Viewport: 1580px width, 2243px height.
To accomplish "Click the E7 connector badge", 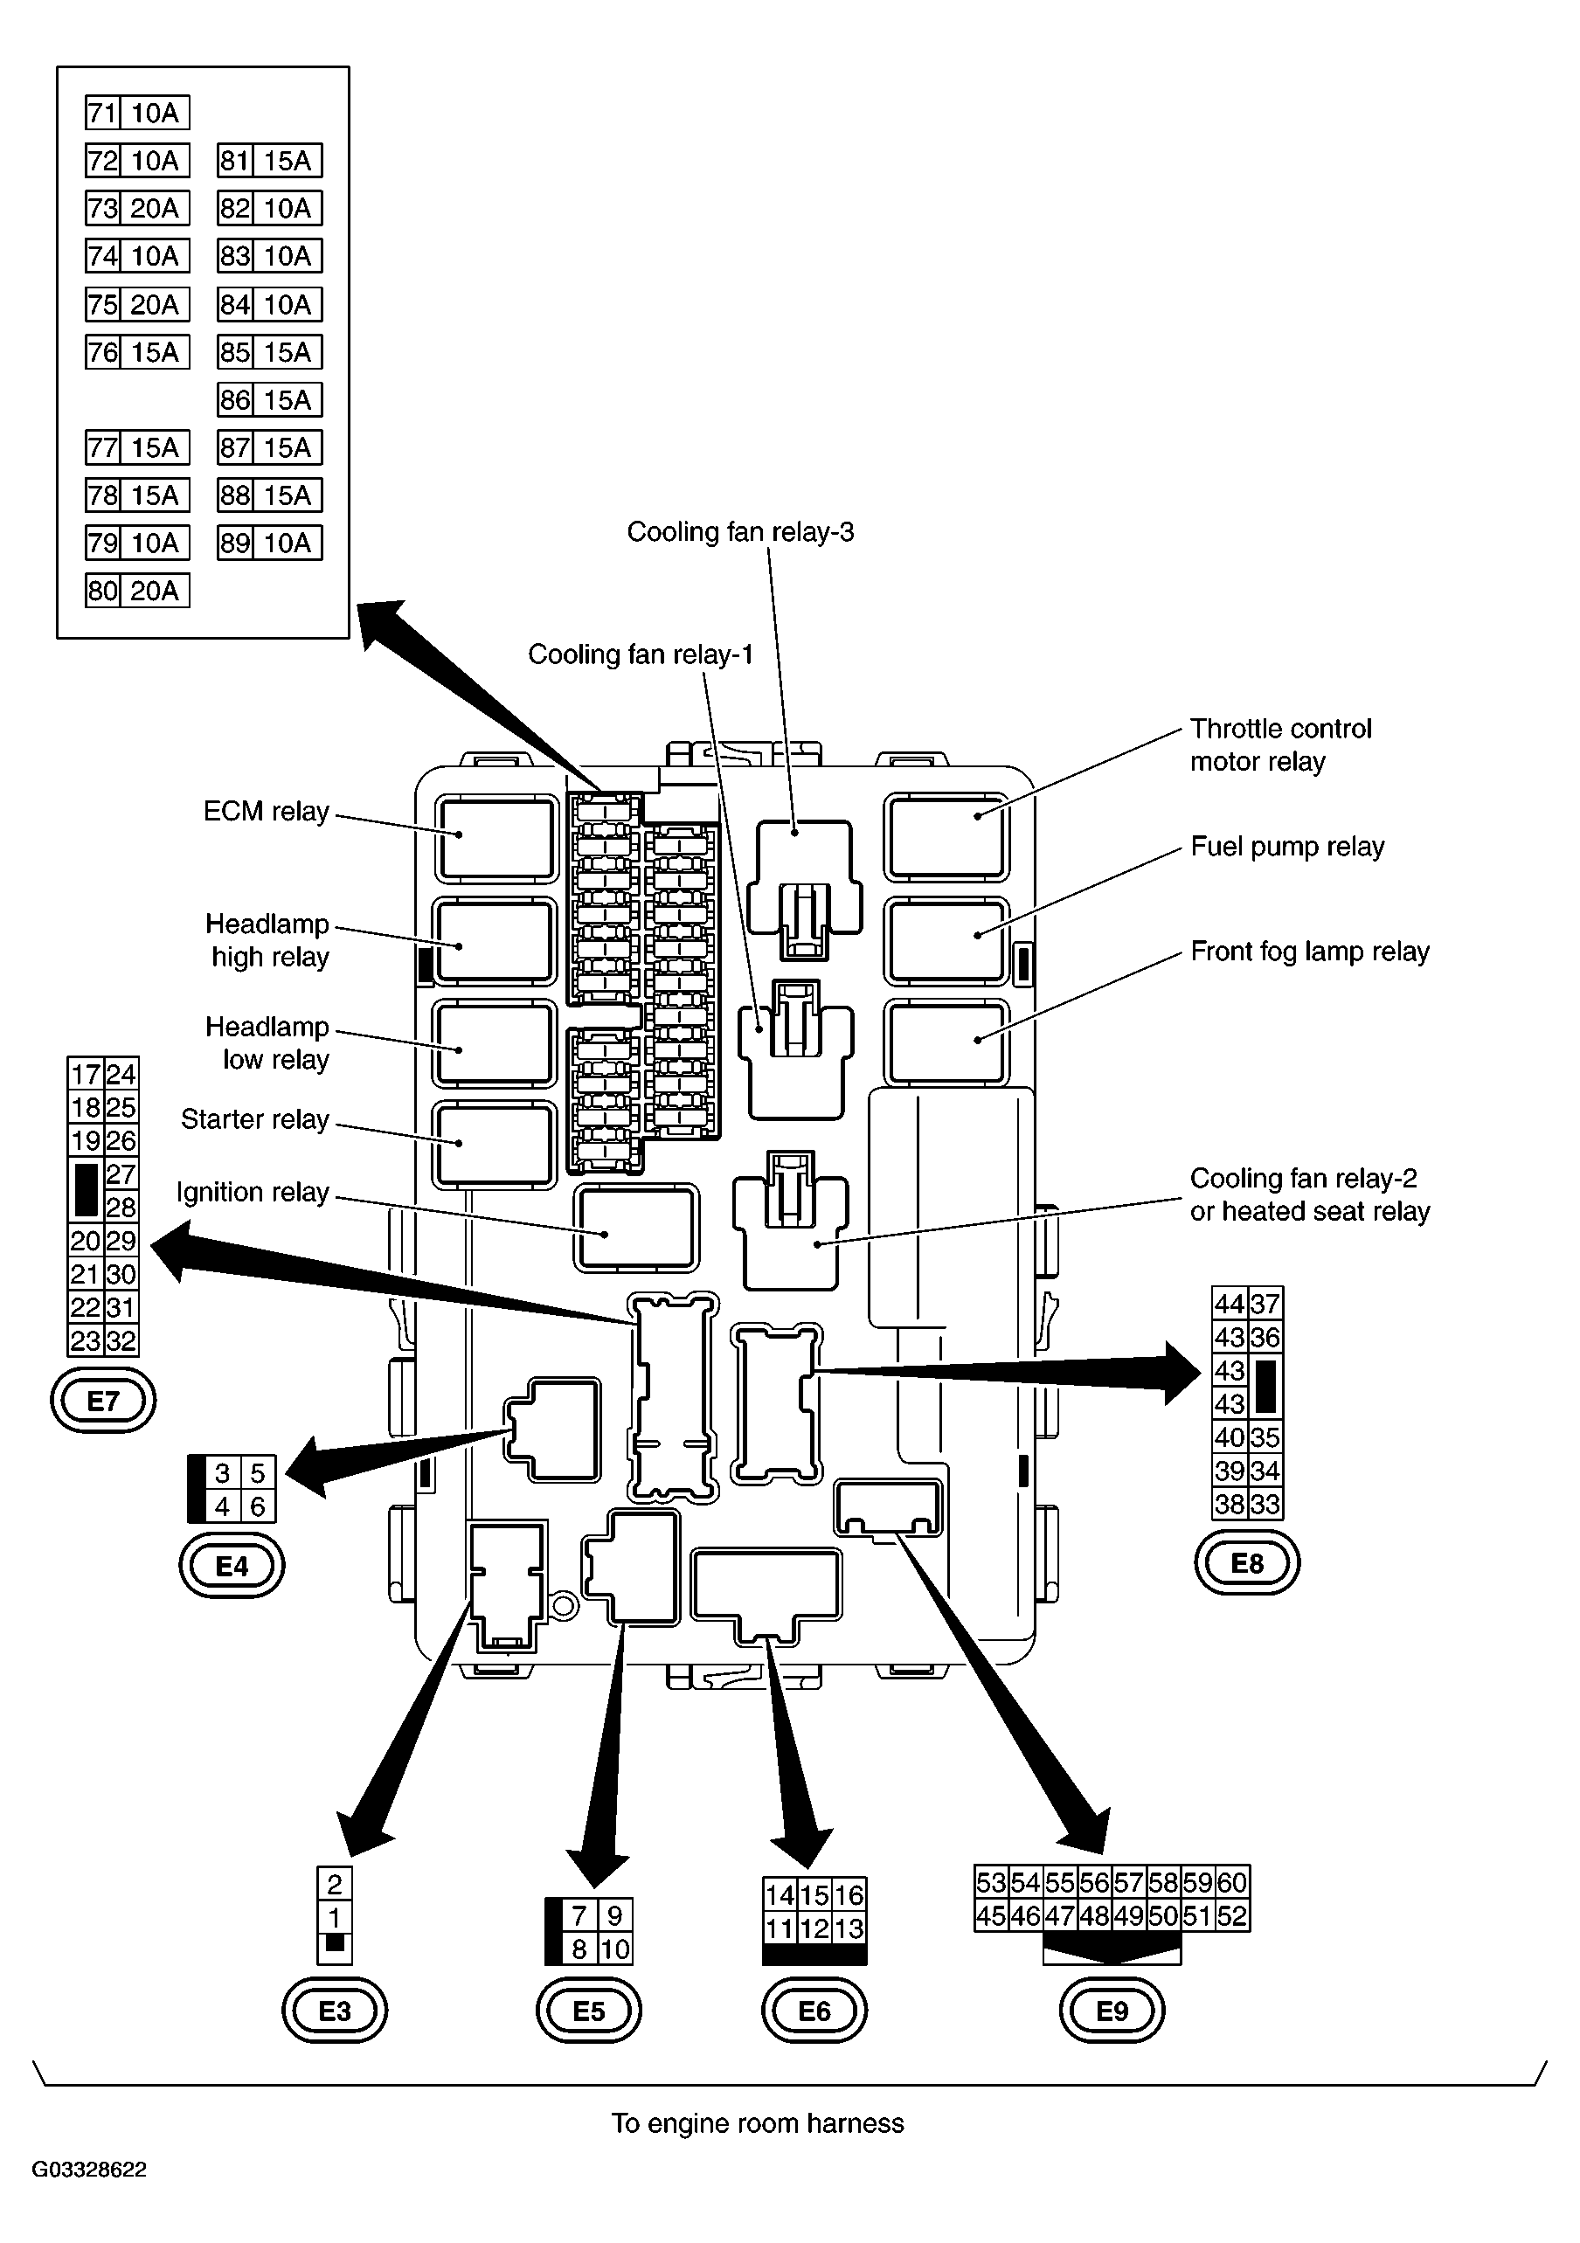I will (x=102, y=1401).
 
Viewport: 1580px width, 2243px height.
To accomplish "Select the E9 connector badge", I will (x=1112, y=2011).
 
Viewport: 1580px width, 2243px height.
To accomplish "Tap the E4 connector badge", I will (x=232, y=1566).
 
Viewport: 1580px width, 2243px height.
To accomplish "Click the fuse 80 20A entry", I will (x=138, y=591).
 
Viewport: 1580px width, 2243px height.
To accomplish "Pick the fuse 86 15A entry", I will (x=270, y=399).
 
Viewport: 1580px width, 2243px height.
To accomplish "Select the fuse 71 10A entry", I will (x=138, y=114).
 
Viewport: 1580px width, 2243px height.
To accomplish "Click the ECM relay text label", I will (x=266, y=812).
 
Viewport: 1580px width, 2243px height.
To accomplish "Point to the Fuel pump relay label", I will (x=1287, y=847).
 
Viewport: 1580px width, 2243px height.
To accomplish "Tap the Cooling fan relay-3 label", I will (x=739, y=532).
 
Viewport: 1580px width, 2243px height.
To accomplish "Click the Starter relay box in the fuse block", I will (x=495, y=1145).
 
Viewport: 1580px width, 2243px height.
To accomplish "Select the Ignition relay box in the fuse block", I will (x=636, y=1227).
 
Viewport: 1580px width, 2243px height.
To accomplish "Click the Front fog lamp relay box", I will (x=945, y=1042).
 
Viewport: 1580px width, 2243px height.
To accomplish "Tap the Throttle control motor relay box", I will (x=945, y=836).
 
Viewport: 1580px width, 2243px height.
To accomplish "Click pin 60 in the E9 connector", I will (x=1232, y=1882).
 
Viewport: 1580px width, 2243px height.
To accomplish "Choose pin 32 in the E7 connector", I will (x=121, y=1340).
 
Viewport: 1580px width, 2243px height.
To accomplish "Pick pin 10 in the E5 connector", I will (x=614, y=1949).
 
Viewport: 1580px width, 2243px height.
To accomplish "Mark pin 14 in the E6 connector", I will (x=780, y=1895).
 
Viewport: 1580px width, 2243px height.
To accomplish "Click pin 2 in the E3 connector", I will (x=334, y=1884).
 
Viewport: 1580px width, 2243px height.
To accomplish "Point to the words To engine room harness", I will (x=758, y=2124).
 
